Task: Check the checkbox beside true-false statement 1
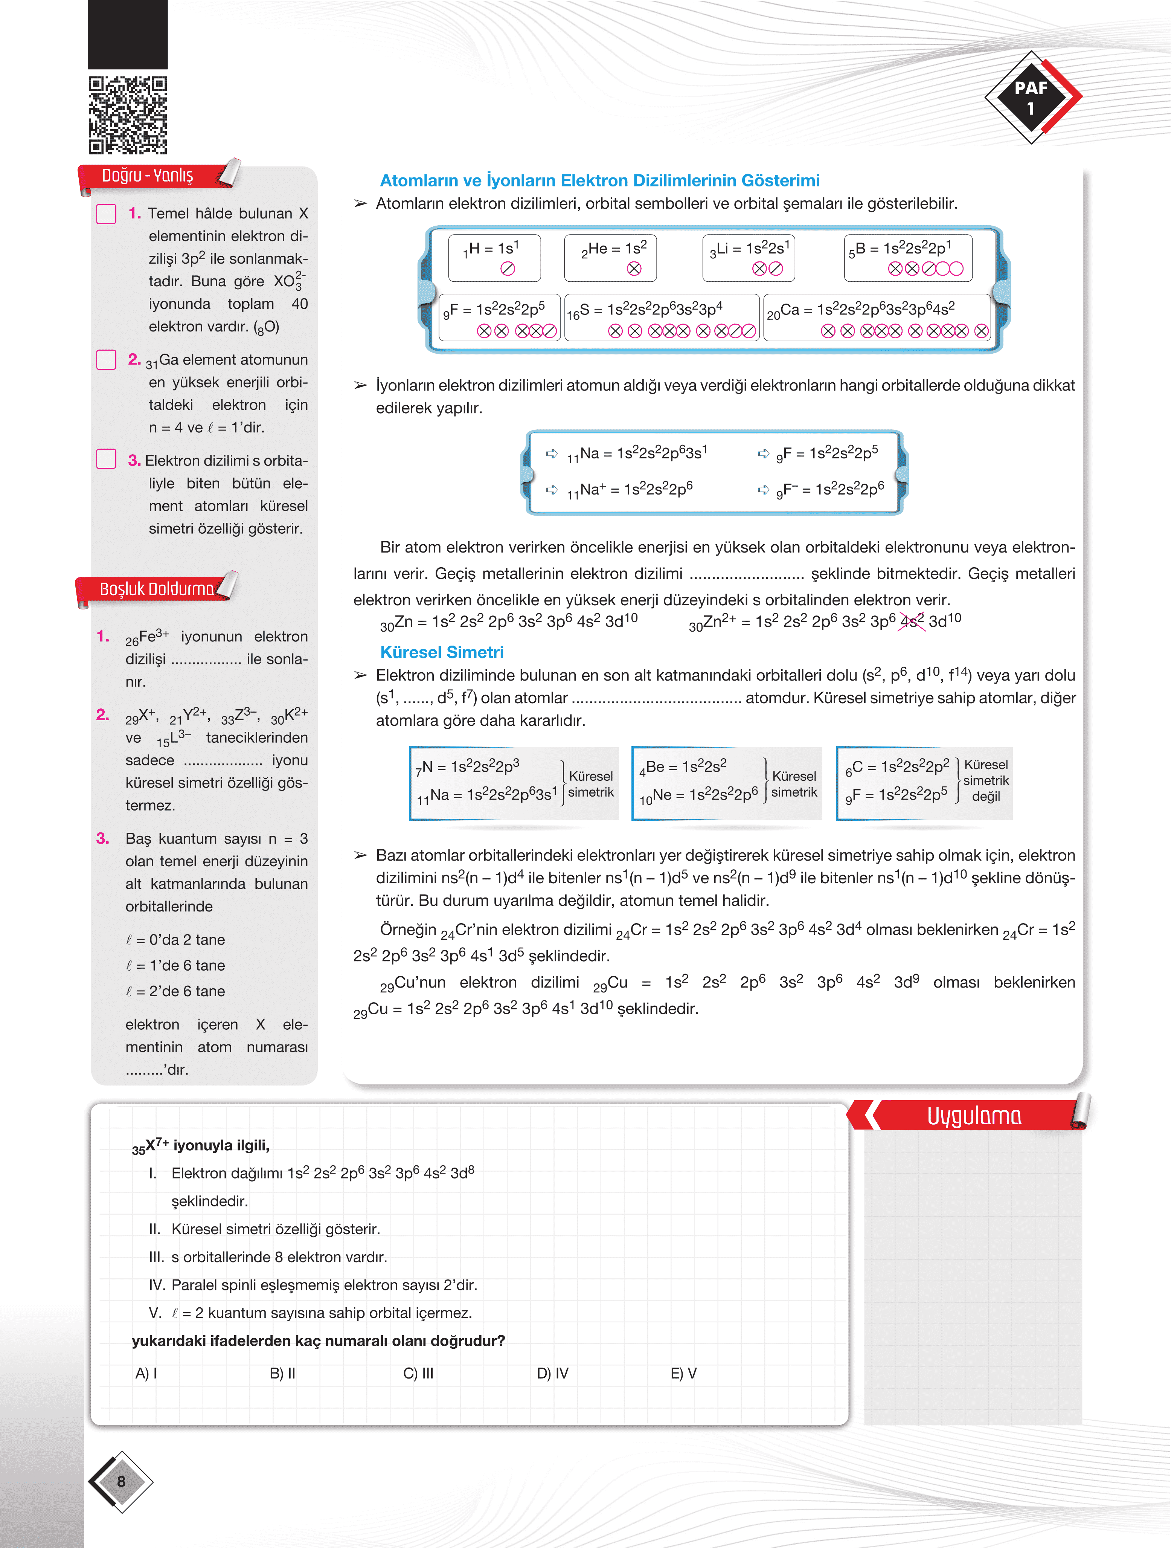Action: point(106,214)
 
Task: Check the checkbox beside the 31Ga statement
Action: point(106,360)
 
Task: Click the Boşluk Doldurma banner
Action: point(156,589)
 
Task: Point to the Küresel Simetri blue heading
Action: point(442,652)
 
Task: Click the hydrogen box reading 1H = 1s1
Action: point(494,258)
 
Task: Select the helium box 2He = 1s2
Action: point(610,258)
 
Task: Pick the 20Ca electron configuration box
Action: point(877,318)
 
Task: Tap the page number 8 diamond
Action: point(121,1481)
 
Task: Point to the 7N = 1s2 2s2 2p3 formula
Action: point(467,767)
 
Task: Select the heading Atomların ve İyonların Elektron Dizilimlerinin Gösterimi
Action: point(599,180)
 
